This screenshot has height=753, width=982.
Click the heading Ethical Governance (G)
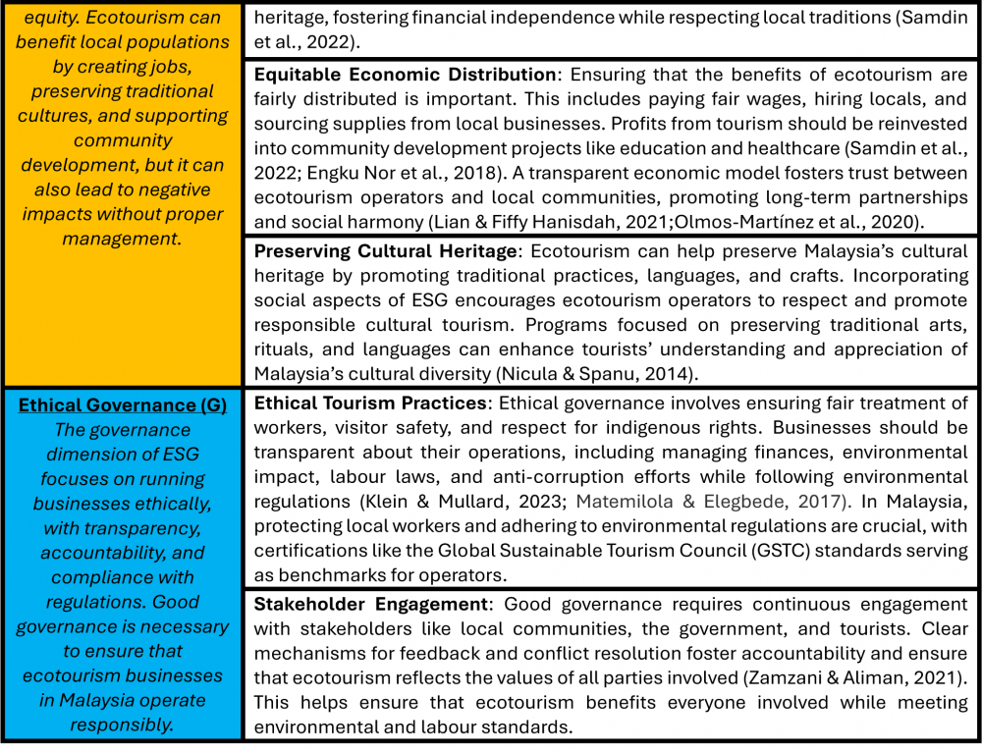pyautogui.click(x=122, y=404)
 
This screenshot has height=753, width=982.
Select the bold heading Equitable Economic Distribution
pyautogui.click(x=405, y=75)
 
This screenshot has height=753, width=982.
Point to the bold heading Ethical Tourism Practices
pyautogui.click(x=369, y=403)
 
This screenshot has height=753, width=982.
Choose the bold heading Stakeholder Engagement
pyautogui.click(x=370, y=604)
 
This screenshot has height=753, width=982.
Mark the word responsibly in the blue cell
pyautogui.click(x=122, y=725)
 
